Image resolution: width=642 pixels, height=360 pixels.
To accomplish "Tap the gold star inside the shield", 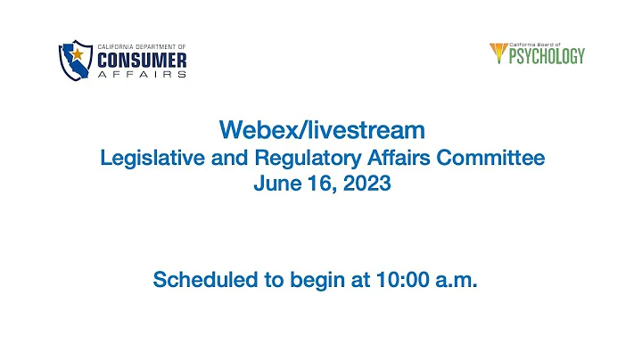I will pos(78,55).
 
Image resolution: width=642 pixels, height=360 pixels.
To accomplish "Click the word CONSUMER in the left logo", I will pos(143,59).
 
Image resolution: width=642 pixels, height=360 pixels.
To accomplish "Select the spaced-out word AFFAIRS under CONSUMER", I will pos(143,75).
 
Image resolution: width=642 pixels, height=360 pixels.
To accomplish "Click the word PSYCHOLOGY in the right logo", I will pos(546,56).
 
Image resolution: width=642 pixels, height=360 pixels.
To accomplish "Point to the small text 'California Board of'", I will pos(538,45).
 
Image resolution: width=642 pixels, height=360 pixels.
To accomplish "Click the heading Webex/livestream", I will pos(321,131).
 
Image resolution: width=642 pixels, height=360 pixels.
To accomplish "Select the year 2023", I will pos(367,188).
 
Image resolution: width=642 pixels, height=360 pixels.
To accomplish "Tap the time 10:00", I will pos(405,281).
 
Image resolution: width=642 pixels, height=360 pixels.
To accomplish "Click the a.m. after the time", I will pos(459,281).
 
